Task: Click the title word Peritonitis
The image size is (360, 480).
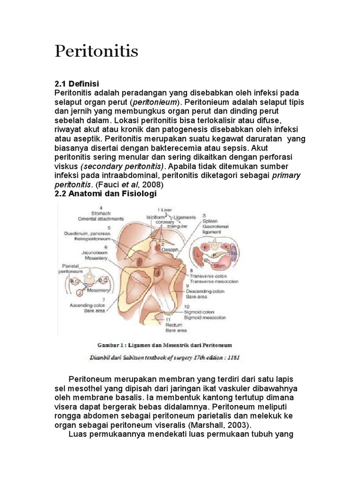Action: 97,51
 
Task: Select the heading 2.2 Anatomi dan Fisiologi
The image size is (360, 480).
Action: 105,194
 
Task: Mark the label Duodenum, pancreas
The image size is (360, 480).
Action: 88,233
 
